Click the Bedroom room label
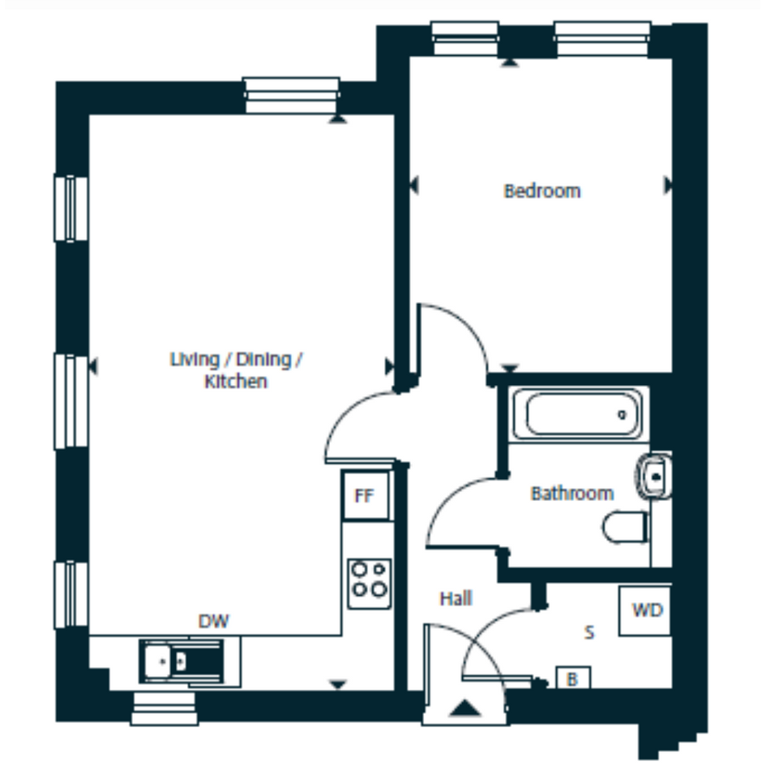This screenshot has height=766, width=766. [542, 191]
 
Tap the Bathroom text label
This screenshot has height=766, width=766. [572, 494]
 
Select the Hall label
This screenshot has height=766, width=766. [456, 598]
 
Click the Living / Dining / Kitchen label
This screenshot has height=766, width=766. [236, 370]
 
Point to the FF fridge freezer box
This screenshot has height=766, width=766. [366, 495]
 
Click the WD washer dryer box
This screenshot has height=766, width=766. [646, 610]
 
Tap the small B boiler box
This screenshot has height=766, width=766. [573, 678]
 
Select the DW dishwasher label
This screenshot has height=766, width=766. [213, 622]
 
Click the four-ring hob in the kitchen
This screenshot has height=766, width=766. [370, 584]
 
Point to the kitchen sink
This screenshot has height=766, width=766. [182, 661]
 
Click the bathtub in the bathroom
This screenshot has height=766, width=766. [577, 414]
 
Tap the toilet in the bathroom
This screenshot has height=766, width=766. [626, 527]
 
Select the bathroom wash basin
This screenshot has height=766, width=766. [653, 476]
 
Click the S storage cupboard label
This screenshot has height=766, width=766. [589, 632]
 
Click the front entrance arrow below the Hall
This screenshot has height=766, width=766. [464, 708]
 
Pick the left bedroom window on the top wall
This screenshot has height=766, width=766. [464, 38]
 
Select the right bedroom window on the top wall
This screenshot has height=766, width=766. [602, 38]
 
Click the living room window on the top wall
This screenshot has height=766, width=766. [291, 96]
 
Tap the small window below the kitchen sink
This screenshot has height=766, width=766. [164, 708]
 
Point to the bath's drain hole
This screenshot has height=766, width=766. [622, 415]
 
